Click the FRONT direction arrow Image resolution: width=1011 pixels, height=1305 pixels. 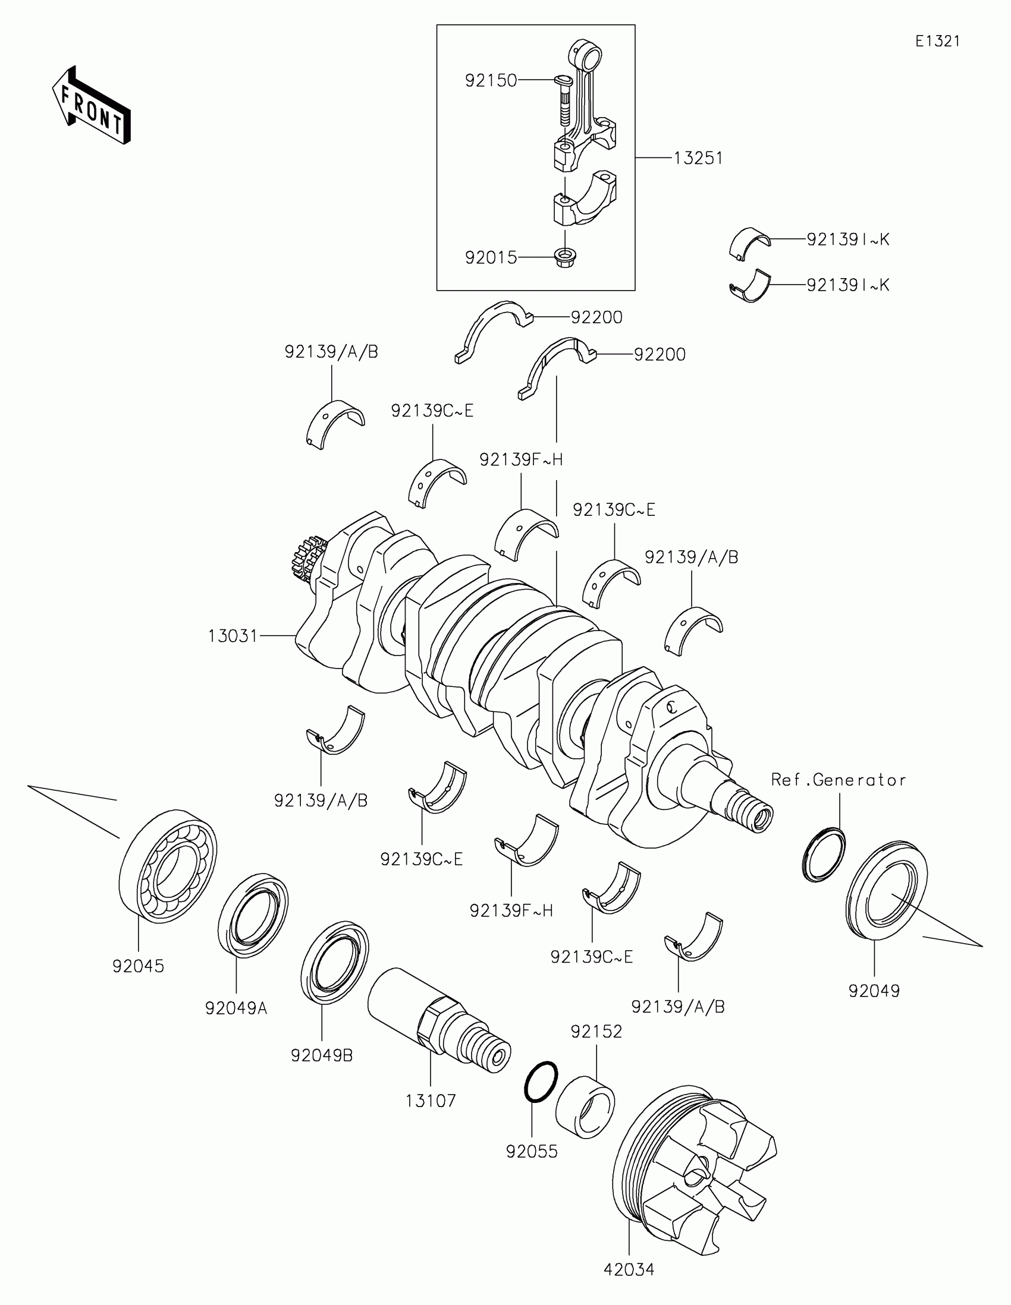pos(91,105)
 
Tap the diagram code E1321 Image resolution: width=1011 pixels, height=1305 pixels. pos(937,41)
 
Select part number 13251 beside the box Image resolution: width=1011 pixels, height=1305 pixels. pos(698,158)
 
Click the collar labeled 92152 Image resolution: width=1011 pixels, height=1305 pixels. pos(585,1107)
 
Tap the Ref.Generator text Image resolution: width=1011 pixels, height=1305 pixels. pos(838,780)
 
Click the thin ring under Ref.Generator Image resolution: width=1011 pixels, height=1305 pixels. pos(823,855)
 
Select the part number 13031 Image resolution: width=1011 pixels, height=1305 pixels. pos(233,636)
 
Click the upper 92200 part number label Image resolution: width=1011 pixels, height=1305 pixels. pos(596,317)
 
